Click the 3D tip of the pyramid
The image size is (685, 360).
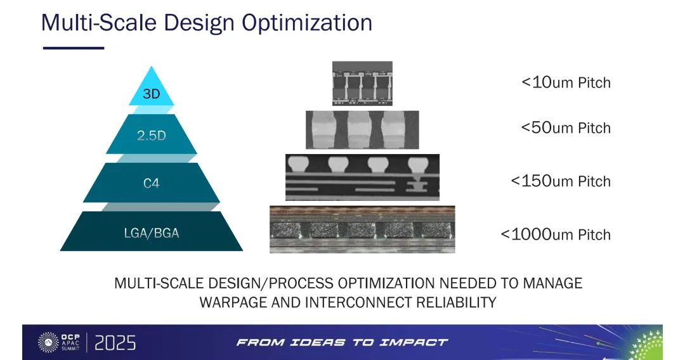coord(151,89)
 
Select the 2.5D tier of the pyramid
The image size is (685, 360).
coord(151,134)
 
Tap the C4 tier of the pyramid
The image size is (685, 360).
coord(151,183)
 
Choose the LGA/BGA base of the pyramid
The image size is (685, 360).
coord(151,231)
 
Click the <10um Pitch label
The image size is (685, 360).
coord(566,82)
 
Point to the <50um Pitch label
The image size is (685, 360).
coord(566,127)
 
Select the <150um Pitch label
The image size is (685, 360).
coord(561,181)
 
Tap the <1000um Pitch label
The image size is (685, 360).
coord(556,235)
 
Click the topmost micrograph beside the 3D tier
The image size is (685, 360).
coord(362,84)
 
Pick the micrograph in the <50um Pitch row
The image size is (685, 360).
coord(362,129)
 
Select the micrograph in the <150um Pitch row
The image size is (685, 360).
coord(362,177)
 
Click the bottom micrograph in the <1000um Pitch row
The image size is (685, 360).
coord(362,229)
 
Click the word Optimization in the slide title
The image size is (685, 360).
coord(307,23)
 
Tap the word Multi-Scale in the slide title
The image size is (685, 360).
coord(99,22)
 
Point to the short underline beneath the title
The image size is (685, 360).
coord(74,48)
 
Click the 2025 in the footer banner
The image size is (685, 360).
coord(115,343)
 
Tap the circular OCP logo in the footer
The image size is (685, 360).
coord(48,342)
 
